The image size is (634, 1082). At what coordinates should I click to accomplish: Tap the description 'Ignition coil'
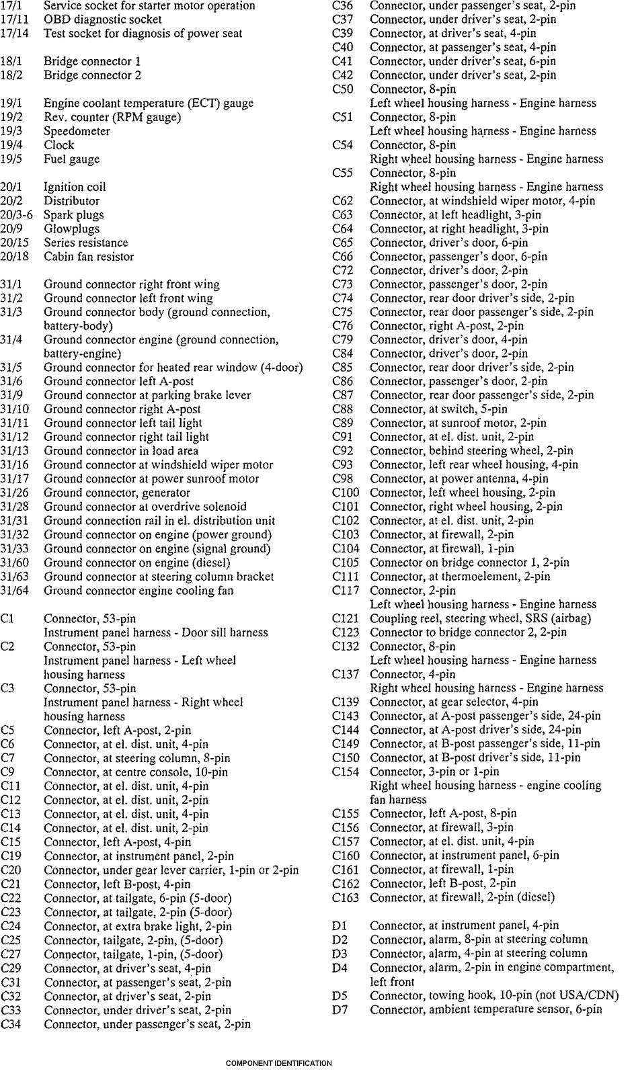tap(75, 187)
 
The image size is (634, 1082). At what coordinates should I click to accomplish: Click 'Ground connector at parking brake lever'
tap(147, 395)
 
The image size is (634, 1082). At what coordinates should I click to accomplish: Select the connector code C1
tap(7, 618)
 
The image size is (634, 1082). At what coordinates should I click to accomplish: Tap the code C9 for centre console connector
tap(7, 772)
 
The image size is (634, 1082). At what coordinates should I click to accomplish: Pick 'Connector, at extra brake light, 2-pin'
tap(138, 926)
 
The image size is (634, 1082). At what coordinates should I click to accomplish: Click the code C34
tap(11, 1024)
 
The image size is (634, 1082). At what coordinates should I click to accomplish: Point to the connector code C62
tap(342, 201)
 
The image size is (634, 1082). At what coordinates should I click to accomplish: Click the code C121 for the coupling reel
tap(346, 618)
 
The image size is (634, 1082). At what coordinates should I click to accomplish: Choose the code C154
tap(346, 772)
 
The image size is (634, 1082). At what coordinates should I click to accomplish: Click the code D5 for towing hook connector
tap(340, 995)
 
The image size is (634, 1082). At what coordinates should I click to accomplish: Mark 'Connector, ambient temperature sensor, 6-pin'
tap(486, 1009)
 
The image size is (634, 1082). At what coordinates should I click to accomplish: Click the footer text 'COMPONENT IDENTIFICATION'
tap(278, 1064)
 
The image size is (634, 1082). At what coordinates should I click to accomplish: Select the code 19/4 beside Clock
tap(11, 145)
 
